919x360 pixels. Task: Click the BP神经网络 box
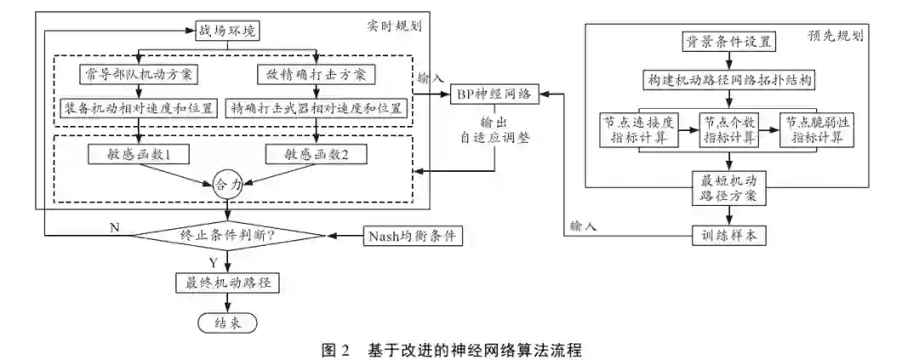[494, 93]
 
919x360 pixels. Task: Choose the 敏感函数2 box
[316, 154]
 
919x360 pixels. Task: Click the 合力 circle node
[226, 182]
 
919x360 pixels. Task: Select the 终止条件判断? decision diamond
[227, 236]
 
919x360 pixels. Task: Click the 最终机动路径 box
[226, 283]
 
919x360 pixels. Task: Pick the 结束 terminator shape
[225, 323]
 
